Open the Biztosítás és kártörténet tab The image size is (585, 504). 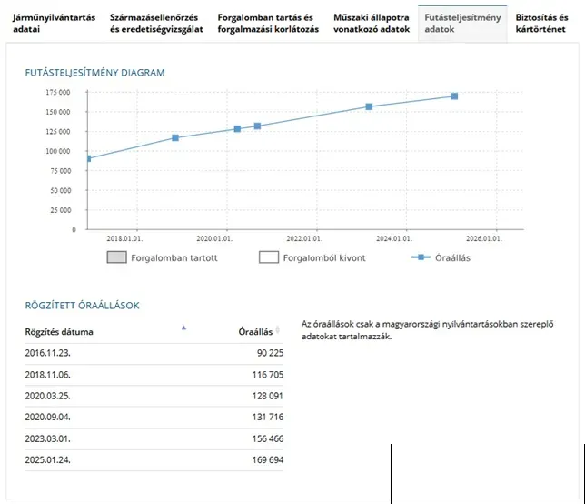click(541, 23)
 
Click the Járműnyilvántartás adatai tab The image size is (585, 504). click(55, 23)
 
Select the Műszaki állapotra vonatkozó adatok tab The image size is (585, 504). click(372, 23)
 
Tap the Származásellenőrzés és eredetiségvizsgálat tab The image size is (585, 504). click(156, 23)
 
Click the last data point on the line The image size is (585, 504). click(454, 96)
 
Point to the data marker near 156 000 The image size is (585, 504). click(369, 106)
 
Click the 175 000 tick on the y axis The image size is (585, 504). click(58, 92)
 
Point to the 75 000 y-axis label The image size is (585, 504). click(61, 171)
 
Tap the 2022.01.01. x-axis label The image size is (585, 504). click(304, 238)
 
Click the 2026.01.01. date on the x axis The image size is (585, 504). click(484, 238)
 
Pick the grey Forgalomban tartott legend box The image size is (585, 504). click(117, 257)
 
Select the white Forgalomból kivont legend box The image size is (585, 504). click(269, 257)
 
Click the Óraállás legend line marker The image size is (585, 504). click(421, 257)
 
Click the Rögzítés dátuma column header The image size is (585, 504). click(59, 332)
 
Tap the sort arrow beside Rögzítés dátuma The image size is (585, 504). click(183, 328)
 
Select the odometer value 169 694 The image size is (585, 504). click(268, 460)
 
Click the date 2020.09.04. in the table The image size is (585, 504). click(48, 417)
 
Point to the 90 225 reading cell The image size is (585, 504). click(270, 353)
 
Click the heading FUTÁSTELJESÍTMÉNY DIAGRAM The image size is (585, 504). click(94, 73)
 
